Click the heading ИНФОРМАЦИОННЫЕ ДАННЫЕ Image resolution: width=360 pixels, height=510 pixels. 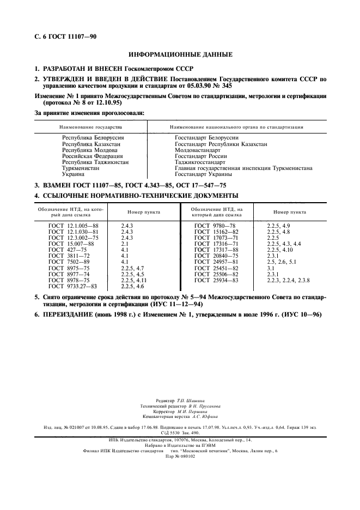tap(180, 54)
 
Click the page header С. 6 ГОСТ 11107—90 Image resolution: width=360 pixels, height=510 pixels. tap(62, 37)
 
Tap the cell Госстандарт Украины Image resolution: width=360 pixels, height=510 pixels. tap(204, 174)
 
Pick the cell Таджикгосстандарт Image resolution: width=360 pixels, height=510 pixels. tap(200, 162)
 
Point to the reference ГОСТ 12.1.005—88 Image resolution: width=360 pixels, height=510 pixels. tap(74, 224)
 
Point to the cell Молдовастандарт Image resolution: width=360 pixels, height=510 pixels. tap(198, 150)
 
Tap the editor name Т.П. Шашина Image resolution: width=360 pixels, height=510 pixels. tap(192, 400)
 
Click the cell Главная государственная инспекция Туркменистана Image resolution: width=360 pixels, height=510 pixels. tap(243, 168)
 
